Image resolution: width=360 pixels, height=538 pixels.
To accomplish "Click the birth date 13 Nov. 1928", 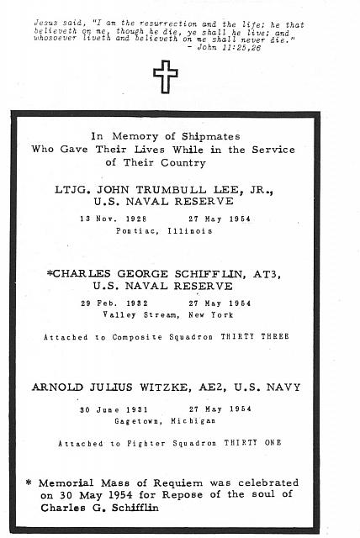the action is [124, 218].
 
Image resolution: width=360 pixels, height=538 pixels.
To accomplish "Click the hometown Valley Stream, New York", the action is [176, 313].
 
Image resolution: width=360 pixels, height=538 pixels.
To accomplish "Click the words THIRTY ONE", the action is [257, 443].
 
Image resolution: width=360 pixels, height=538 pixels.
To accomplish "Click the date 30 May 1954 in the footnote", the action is [87, 495].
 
